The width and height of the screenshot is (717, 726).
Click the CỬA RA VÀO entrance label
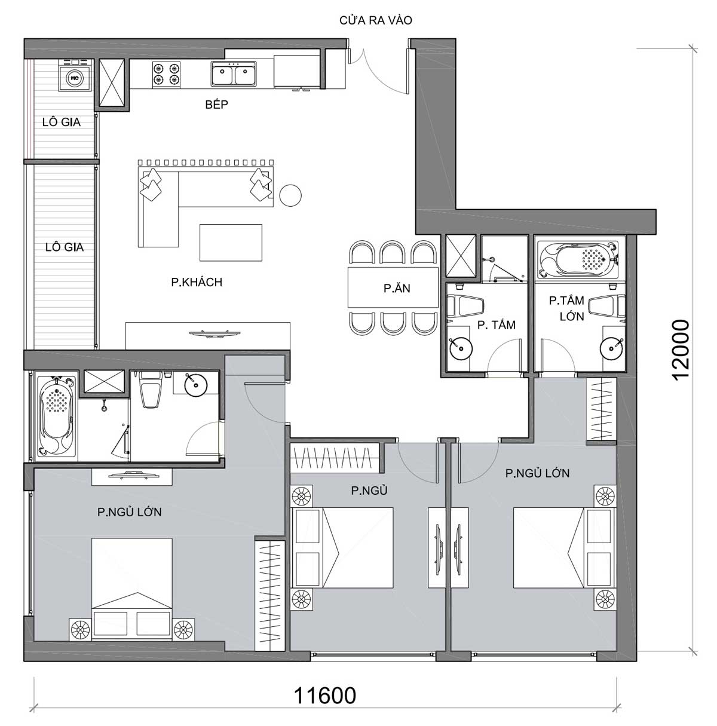click(376, 20)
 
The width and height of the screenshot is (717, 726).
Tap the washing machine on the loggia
click(75, 75)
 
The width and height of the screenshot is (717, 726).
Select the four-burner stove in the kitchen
click(166, 74)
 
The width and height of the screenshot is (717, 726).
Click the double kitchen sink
click(234, 74)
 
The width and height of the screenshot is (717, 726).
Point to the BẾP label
click(217, 105)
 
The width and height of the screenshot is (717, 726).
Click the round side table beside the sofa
click(290, 195)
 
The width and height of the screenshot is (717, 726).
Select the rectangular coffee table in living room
click(231, 243)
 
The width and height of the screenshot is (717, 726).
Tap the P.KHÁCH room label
click(197, 282)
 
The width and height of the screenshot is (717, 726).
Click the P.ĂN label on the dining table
click(397, 288)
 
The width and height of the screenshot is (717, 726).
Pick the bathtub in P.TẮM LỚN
click(578, 259)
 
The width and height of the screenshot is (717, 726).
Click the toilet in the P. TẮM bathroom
click(465, 305)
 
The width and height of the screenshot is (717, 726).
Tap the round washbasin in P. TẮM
click(461, 348)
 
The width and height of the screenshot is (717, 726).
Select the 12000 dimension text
click(681, 350)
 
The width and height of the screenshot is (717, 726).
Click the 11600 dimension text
click(325, 695)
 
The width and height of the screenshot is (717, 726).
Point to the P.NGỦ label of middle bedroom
click(369, 491)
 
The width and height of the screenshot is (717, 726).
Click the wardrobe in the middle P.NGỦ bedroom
click(335, 458)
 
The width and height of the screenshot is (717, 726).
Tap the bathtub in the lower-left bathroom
click(56, 416)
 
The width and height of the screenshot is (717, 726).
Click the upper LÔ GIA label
click(62, 122)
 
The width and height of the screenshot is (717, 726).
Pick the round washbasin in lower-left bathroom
click(195, 384)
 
